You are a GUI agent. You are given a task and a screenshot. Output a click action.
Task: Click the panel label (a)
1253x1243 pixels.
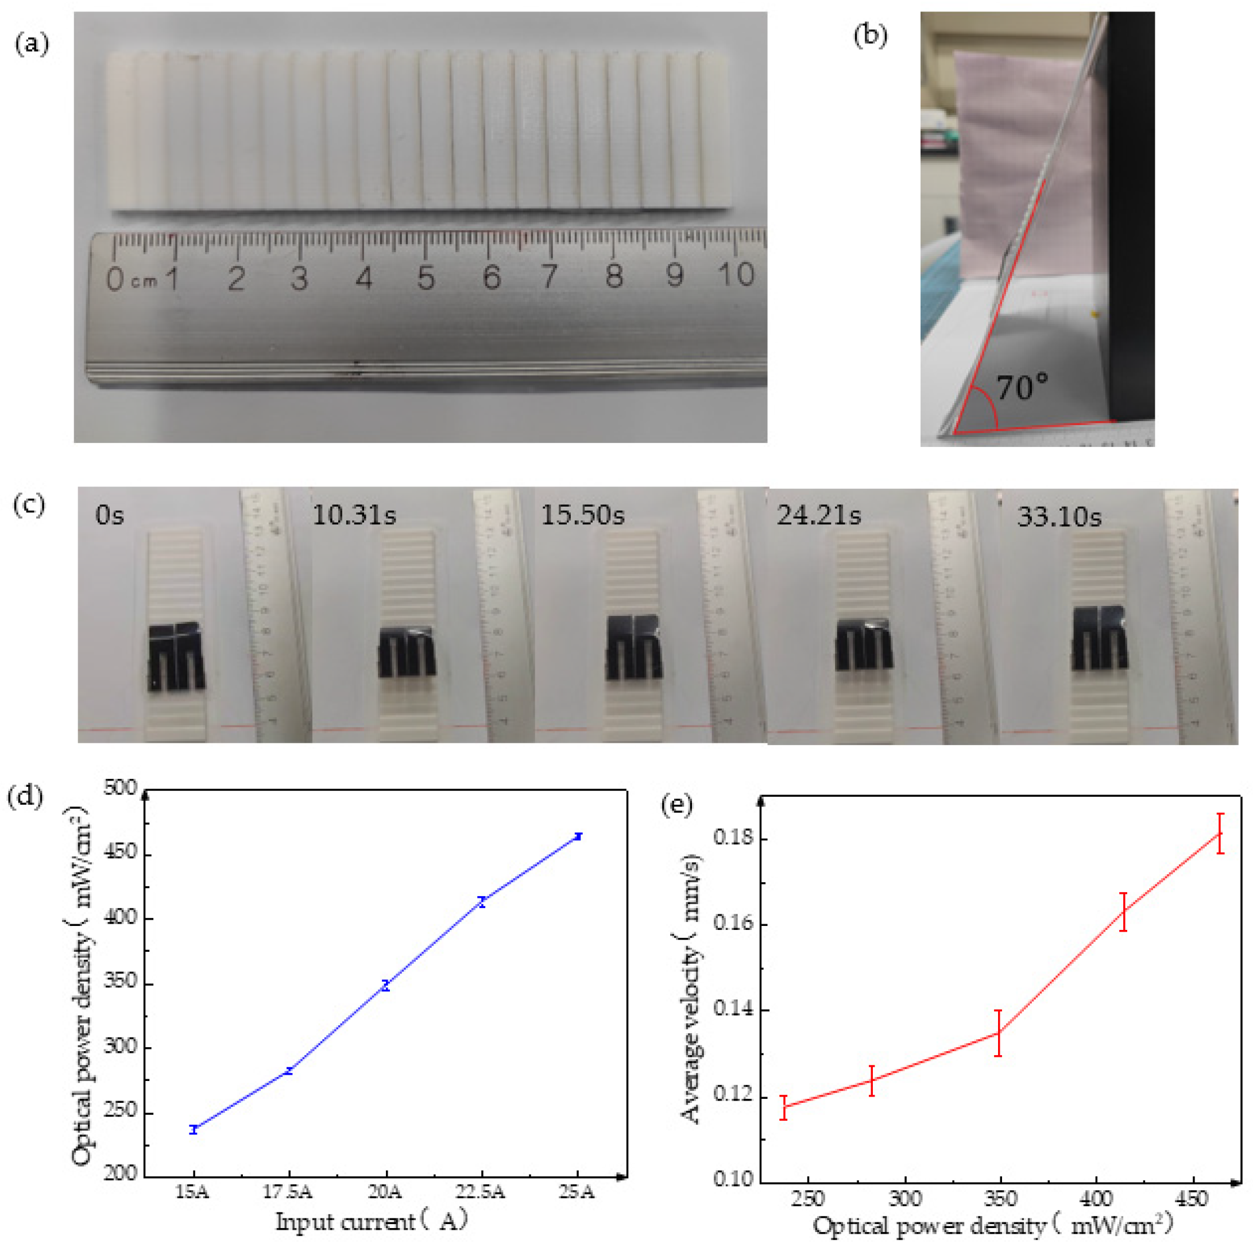pos(32,45)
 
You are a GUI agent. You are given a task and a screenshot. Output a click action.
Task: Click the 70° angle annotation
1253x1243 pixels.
pos(1022,387)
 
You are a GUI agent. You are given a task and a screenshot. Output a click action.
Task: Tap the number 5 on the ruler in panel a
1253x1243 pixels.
pos(426,277)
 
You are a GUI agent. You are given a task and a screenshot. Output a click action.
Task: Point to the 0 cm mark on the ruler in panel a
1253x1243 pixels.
pos(115,279)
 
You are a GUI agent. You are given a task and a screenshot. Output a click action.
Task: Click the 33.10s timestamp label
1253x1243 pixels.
pos(1059,516)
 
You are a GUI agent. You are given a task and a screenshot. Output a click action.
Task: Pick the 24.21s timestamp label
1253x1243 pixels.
pos(818,515)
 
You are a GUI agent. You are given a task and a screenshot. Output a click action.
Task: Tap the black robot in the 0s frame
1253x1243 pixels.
pos(176,657)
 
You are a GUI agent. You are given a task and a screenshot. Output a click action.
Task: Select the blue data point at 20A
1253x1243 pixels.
pos(386,985)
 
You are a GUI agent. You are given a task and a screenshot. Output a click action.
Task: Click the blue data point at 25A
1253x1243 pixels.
pos(578,836)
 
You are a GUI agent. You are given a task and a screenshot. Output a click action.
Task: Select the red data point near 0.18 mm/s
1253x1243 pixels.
pos(1220,833)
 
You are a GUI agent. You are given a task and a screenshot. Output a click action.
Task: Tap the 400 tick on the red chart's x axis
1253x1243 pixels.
pos(1096,1197)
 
